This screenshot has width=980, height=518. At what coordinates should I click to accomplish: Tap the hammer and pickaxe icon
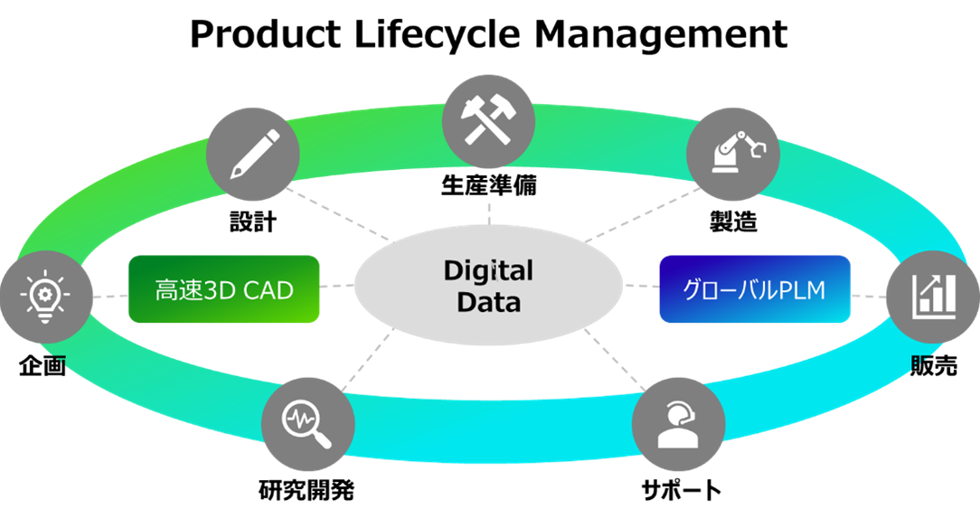[x=488, y=120]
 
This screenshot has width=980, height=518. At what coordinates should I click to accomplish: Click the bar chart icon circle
[x=931, y=295]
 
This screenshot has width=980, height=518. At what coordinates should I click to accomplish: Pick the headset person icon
[x=678, y=425]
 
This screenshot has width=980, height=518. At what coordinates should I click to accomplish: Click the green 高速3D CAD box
[x=224, y=289]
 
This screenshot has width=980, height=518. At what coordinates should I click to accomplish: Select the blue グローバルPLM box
[x=755, y=289]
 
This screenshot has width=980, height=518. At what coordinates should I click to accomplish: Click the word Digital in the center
[x=488, y=270]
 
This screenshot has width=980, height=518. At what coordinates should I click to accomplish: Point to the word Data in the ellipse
[x=488, y=302]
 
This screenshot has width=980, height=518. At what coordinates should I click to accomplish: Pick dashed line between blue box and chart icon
[x=868, y=295]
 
